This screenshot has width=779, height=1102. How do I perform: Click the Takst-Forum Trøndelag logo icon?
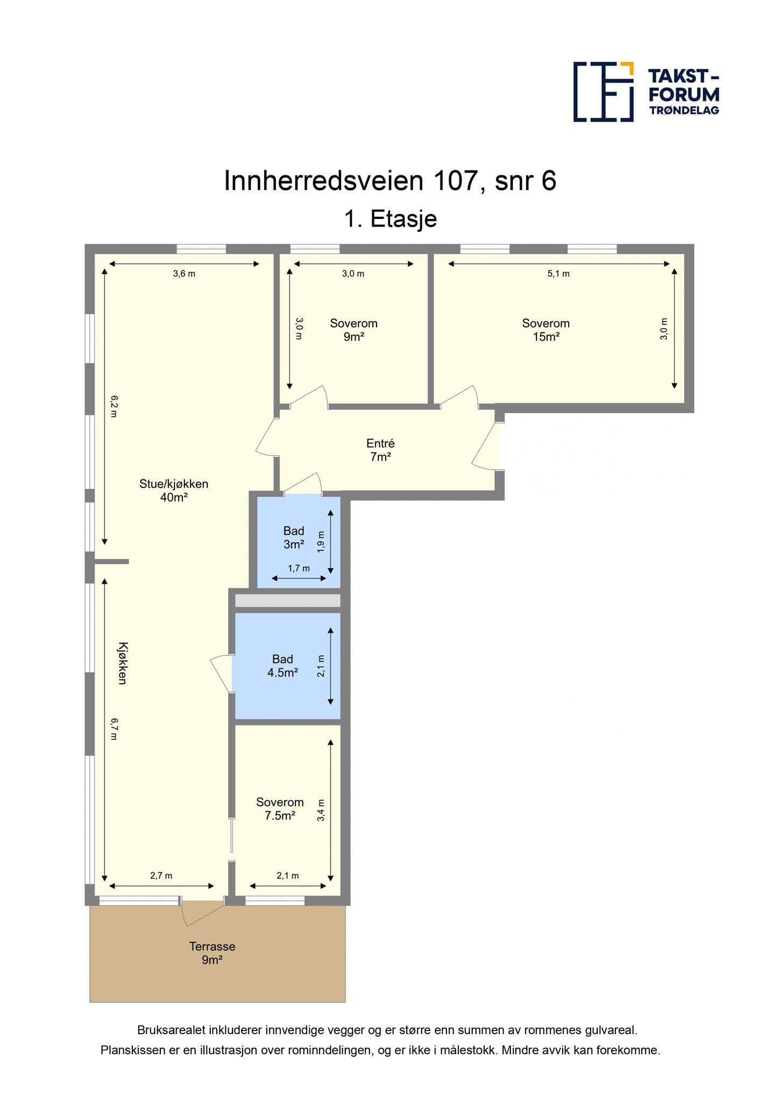click(x=603, y=91)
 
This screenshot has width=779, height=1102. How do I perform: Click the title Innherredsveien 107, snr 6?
click(x=390, y=180)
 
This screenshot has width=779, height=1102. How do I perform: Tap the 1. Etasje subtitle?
click(x=391, y=219)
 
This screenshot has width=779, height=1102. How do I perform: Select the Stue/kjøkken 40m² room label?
click(x=174, y=490)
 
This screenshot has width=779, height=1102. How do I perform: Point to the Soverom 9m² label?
click(x=353, y=330)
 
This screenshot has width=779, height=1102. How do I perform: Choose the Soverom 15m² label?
click(x=546, y=330)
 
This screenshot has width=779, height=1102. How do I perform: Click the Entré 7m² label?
click(x=380, y=450)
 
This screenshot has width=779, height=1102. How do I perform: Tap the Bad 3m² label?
click(x=294, y=538)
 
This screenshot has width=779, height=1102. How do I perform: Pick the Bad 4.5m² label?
click(x=282, y=666)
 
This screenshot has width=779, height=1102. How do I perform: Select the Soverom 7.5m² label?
click(x=280, y=809)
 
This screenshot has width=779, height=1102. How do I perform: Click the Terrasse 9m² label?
click(x=212, y=953)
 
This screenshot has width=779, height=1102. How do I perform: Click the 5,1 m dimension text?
click(x=558, y=273)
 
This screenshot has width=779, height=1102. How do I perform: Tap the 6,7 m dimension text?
click(x=114, y=729)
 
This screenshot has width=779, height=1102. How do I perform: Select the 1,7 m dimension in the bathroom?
click(x=299, y=568)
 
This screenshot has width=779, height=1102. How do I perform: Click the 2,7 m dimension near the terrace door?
click(x=161, y=875)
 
